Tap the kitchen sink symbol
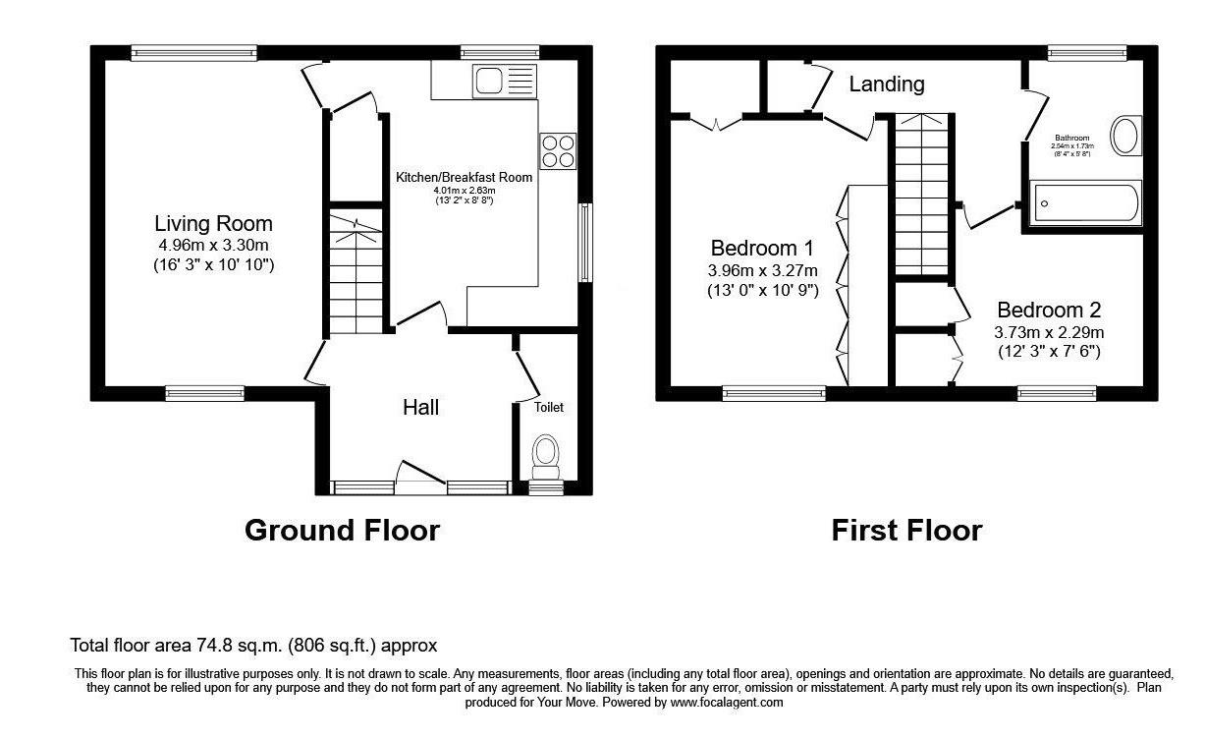(x=503, y=80)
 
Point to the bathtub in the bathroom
(x=1083, y=203)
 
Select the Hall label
(x=421, y=407)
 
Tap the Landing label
(x=886, y=85)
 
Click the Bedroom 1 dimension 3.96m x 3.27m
(x=763, y=270)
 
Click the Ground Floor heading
(x=342, y=531)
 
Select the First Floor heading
(x=905, y=531)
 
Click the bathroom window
(x=1087, y=53)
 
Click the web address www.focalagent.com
(x=726, y=703)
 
